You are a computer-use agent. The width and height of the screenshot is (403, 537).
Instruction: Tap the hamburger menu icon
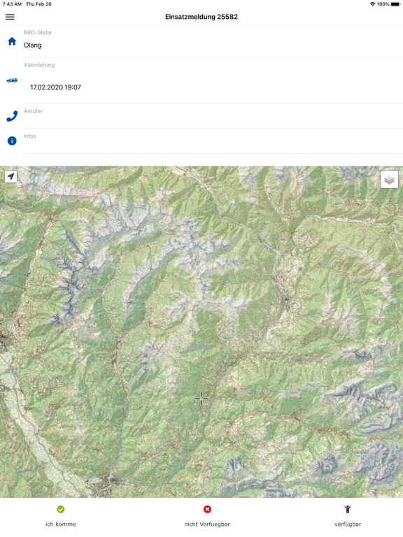pyautogui.click(x=10, y=17)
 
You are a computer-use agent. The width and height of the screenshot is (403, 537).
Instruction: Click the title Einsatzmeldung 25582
pyautogui.click(x=201, y=17)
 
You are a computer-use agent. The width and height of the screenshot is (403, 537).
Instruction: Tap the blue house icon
pyautogui.click(x=12, y=41)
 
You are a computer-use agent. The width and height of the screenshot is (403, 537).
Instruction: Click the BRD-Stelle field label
pyautogui.click(x=38, y=33)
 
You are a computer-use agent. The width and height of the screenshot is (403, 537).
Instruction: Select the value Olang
pyautogui.click(x=33, y=45)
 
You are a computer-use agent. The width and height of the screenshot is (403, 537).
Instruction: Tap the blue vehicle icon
pyautogui.click(x=12, y=80)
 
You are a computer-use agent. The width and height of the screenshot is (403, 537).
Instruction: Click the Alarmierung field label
pyautogui.click(x=39, y=65)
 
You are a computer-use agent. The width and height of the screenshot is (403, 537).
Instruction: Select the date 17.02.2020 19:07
pyautogui.click(x=55, y=88)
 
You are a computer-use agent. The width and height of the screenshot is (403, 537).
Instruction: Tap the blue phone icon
pyautogui.click(x=12, y=116)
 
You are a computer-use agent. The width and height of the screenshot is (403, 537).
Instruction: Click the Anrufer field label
pyautogui.click(x=34, y=111)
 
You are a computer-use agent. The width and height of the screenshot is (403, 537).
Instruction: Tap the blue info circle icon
pyautogui.click(x=12, y=141)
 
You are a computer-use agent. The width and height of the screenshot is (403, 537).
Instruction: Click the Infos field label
pyautogui.click(x=30, y=136)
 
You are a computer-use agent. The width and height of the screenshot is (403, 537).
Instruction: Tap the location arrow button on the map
pyautogui.click(x=11, y=177)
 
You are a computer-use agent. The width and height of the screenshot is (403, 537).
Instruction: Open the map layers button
pyautogui.click(x=389, y=180)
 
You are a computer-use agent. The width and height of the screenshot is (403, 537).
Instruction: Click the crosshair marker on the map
pyautogui.click(x=201, y=398)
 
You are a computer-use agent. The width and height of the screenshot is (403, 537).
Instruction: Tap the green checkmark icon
pyautogui.click(x=61, y=509)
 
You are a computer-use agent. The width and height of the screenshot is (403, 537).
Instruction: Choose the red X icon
pyautogui.click(x=207, y=509)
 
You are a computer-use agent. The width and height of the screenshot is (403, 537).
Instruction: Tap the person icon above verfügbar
pyautogui.click(x=348, y=509)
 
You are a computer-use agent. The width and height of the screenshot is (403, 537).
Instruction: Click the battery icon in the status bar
pyautogui.click(x=395, y=4)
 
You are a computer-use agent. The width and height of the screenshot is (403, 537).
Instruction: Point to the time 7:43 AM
pyautogui.click(x=12, y=4)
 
